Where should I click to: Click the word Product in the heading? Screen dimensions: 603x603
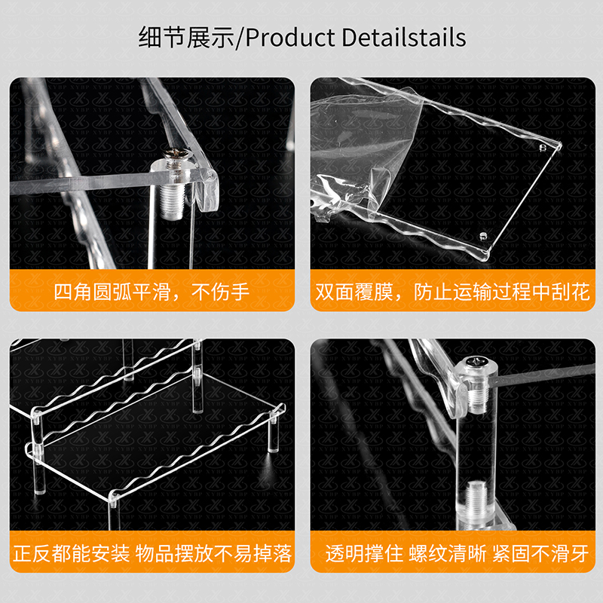coord(290,38)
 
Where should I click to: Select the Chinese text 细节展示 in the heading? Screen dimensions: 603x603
coord(186,38)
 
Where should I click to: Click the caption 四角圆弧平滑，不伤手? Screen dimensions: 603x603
coord(152,292)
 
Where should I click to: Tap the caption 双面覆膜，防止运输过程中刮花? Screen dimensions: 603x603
coord(452,292)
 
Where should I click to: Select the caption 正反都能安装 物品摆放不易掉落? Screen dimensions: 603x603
coord(152,553)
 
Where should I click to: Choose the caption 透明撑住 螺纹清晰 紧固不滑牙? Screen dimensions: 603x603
coord(457,553)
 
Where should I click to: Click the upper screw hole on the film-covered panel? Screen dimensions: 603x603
coord(543,148)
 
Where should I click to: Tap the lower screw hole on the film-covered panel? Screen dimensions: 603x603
coord(483,235)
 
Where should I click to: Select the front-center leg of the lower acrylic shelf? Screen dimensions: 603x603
coord(114,513)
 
